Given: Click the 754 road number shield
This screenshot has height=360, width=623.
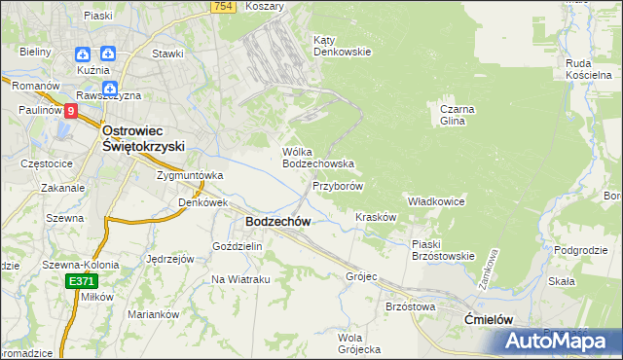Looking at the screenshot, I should tap(223, 7).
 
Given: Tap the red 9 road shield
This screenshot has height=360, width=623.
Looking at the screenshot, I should tap(71, 112).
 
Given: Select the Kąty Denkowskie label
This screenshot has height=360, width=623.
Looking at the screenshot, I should tap(342, 46).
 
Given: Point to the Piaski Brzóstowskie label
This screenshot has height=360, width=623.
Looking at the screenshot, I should tap(442, 250).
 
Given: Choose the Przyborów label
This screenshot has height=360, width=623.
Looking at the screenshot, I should tap(338, 186).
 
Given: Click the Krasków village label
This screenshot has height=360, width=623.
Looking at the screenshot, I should tap(376, 217).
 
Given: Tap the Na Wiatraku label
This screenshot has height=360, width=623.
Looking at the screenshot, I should tap(240, 279).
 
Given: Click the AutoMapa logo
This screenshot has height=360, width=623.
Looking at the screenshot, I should tap(560, 341).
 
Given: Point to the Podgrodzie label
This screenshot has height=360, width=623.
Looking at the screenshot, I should tap(582, 250).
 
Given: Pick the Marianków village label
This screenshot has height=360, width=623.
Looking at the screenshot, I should tap(155, 314).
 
